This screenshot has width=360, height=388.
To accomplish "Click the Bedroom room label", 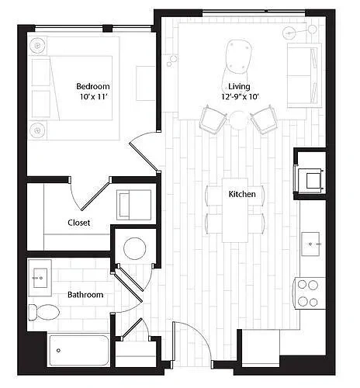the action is pyautogui.click(x=93, y=86).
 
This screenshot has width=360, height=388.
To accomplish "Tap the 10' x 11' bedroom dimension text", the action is pyautogui.click(x=93, y=97).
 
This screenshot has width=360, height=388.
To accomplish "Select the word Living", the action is pyautogui.click(x=239, y=86).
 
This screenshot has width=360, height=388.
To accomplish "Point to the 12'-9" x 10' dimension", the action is pyautogui.click(x=240, y=97).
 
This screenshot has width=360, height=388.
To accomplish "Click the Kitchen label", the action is pyautogui.click(x=242, y=194).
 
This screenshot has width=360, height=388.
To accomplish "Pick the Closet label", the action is pyautogui.click(x=79, y=223).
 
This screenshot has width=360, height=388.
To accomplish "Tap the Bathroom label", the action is pyautogui.click(x=85, y=295).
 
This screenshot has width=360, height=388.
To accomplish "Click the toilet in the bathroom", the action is pyautogui.click(x=43, y=312).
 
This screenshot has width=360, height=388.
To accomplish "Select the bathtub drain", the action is pyautogui.click(x=58, y=351).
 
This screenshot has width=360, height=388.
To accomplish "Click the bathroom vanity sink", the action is pyautogui.click(x=40, y=278).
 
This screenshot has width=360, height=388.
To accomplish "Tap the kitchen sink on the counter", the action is pyautogui.click(x=310, y=244).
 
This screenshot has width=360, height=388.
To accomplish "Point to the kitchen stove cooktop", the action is pyautogui.click(x=309, y=293).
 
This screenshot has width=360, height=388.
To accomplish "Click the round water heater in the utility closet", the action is pyautogui.click(x=135, y=248).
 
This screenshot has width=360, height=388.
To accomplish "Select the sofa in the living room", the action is pyautogui.click(x=304, y=75).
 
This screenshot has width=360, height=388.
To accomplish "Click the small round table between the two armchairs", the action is pyautogui.click(x=238, y=120).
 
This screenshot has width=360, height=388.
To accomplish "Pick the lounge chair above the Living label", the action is pyautogui.click(x=237, y=61).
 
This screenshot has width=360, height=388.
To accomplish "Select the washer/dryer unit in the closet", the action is pyautogui.click(x=133, y=205).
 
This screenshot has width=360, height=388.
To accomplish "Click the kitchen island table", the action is pyautogui.click(x=235, y=210).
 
